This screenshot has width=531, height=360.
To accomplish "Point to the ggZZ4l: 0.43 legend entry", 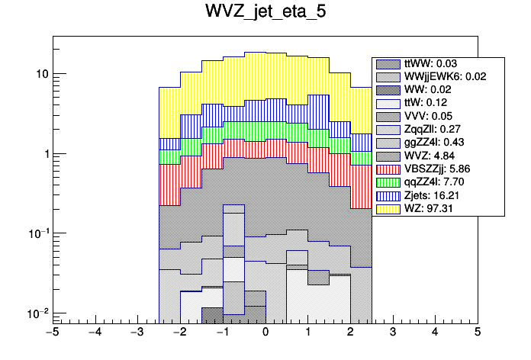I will (x=432, y=142).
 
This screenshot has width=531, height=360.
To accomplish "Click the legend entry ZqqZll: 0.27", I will (x=432, y=129).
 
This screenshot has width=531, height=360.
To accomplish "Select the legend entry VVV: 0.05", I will (x=425, y=115).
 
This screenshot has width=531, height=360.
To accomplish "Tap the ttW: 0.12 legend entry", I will (x=423, y=102).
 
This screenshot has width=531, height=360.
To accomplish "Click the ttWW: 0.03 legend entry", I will (x=427, y=63).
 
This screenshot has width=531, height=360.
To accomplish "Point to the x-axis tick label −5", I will (x=52, y=333).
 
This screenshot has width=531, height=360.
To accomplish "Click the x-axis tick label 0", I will (x=265, y=333).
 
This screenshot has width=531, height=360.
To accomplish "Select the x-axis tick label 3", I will (x=392, y=333).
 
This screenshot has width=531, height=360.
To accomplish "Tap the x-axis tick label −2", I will (x=179, y=333).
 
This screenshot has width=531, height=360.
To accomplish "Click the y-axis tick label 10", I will (x=42, y=74).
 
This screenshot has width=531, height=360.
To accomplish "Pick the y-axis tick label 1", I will (x=46, y=154).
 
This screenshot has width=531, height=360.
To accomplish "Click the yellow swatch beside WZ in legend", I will (x=388, y=207).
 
